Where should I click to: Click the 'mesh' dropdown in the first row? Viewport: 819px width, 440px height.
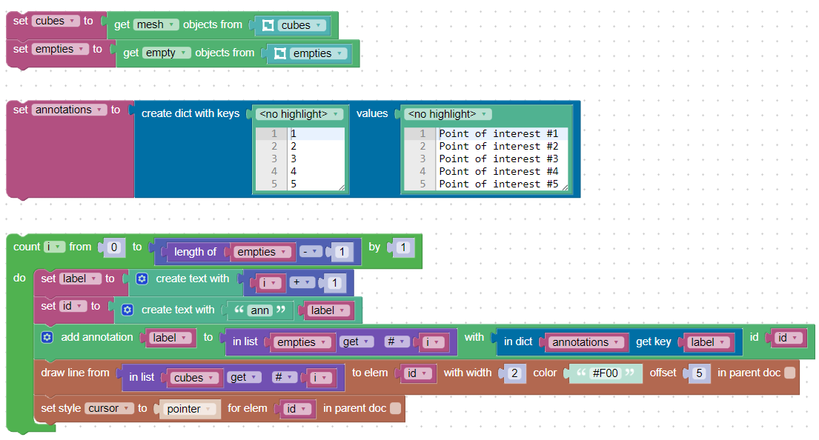(156, 24)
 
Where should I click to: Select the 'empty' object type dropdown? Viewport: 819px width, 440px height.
(167, 53)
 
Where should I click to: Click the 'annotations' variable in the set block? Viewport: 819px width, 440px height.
(69, 110)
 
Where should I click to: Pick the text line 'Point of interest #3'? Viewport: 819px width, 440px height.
(498, 159)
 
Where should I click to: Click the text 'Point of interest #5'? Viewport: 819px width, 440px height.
(498, 184)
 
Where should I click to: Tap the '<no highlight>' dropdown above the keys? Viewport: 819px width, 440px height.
(299, 114)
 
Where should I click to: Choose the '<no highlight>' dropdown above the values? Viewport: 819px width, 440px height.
(448, 114)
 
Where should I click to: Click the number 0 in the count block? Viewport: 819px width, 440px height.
(114, 247)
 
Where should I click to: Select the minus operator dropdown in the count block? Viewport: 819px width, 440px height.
(311, 252)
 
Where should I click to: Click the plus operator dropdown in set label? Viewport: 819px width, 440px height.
(302, 282)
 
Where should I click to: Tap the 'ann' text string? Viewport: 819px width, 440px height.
(259, 310)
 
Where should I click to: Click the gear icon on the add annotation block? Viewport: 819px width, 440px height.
(47, 337)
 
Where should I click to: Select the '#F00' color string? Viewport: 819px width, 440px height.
(606, 373)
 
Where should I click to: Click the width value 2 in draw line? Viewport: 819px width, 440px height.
(514, 373)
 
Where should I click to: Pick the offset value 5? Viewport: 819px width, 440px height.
(700, 373)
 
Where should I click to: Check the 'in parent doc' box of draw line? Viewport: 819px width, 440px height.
(790, 373)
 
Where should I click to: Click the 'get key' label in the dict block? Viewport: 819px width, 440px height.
(654, 341)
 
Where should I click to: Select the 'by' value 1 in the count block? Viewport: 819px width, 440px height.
(402, 247)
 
